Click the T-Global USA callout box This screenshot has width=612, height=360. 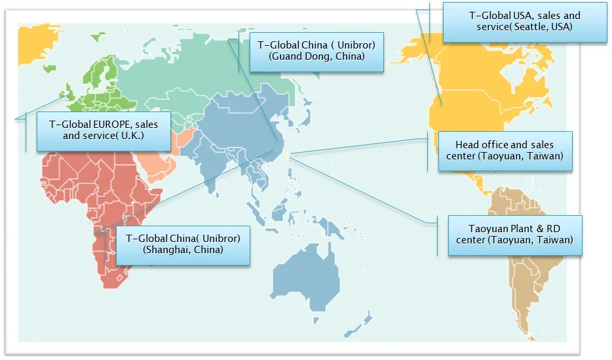coord(525,22)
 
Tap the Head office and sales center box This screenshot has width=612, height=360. coord(505,151)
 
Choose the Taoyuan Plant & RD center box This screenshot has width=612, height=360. coord(515,234)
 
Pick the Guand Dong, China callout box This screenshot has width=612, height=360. coord(316,51)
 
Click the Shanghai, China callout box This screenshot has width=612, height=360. coord(183,244)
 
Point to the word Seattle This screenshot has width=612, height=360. coord(535,27)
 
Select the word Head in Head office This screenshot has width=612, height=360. coord(467,145)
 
